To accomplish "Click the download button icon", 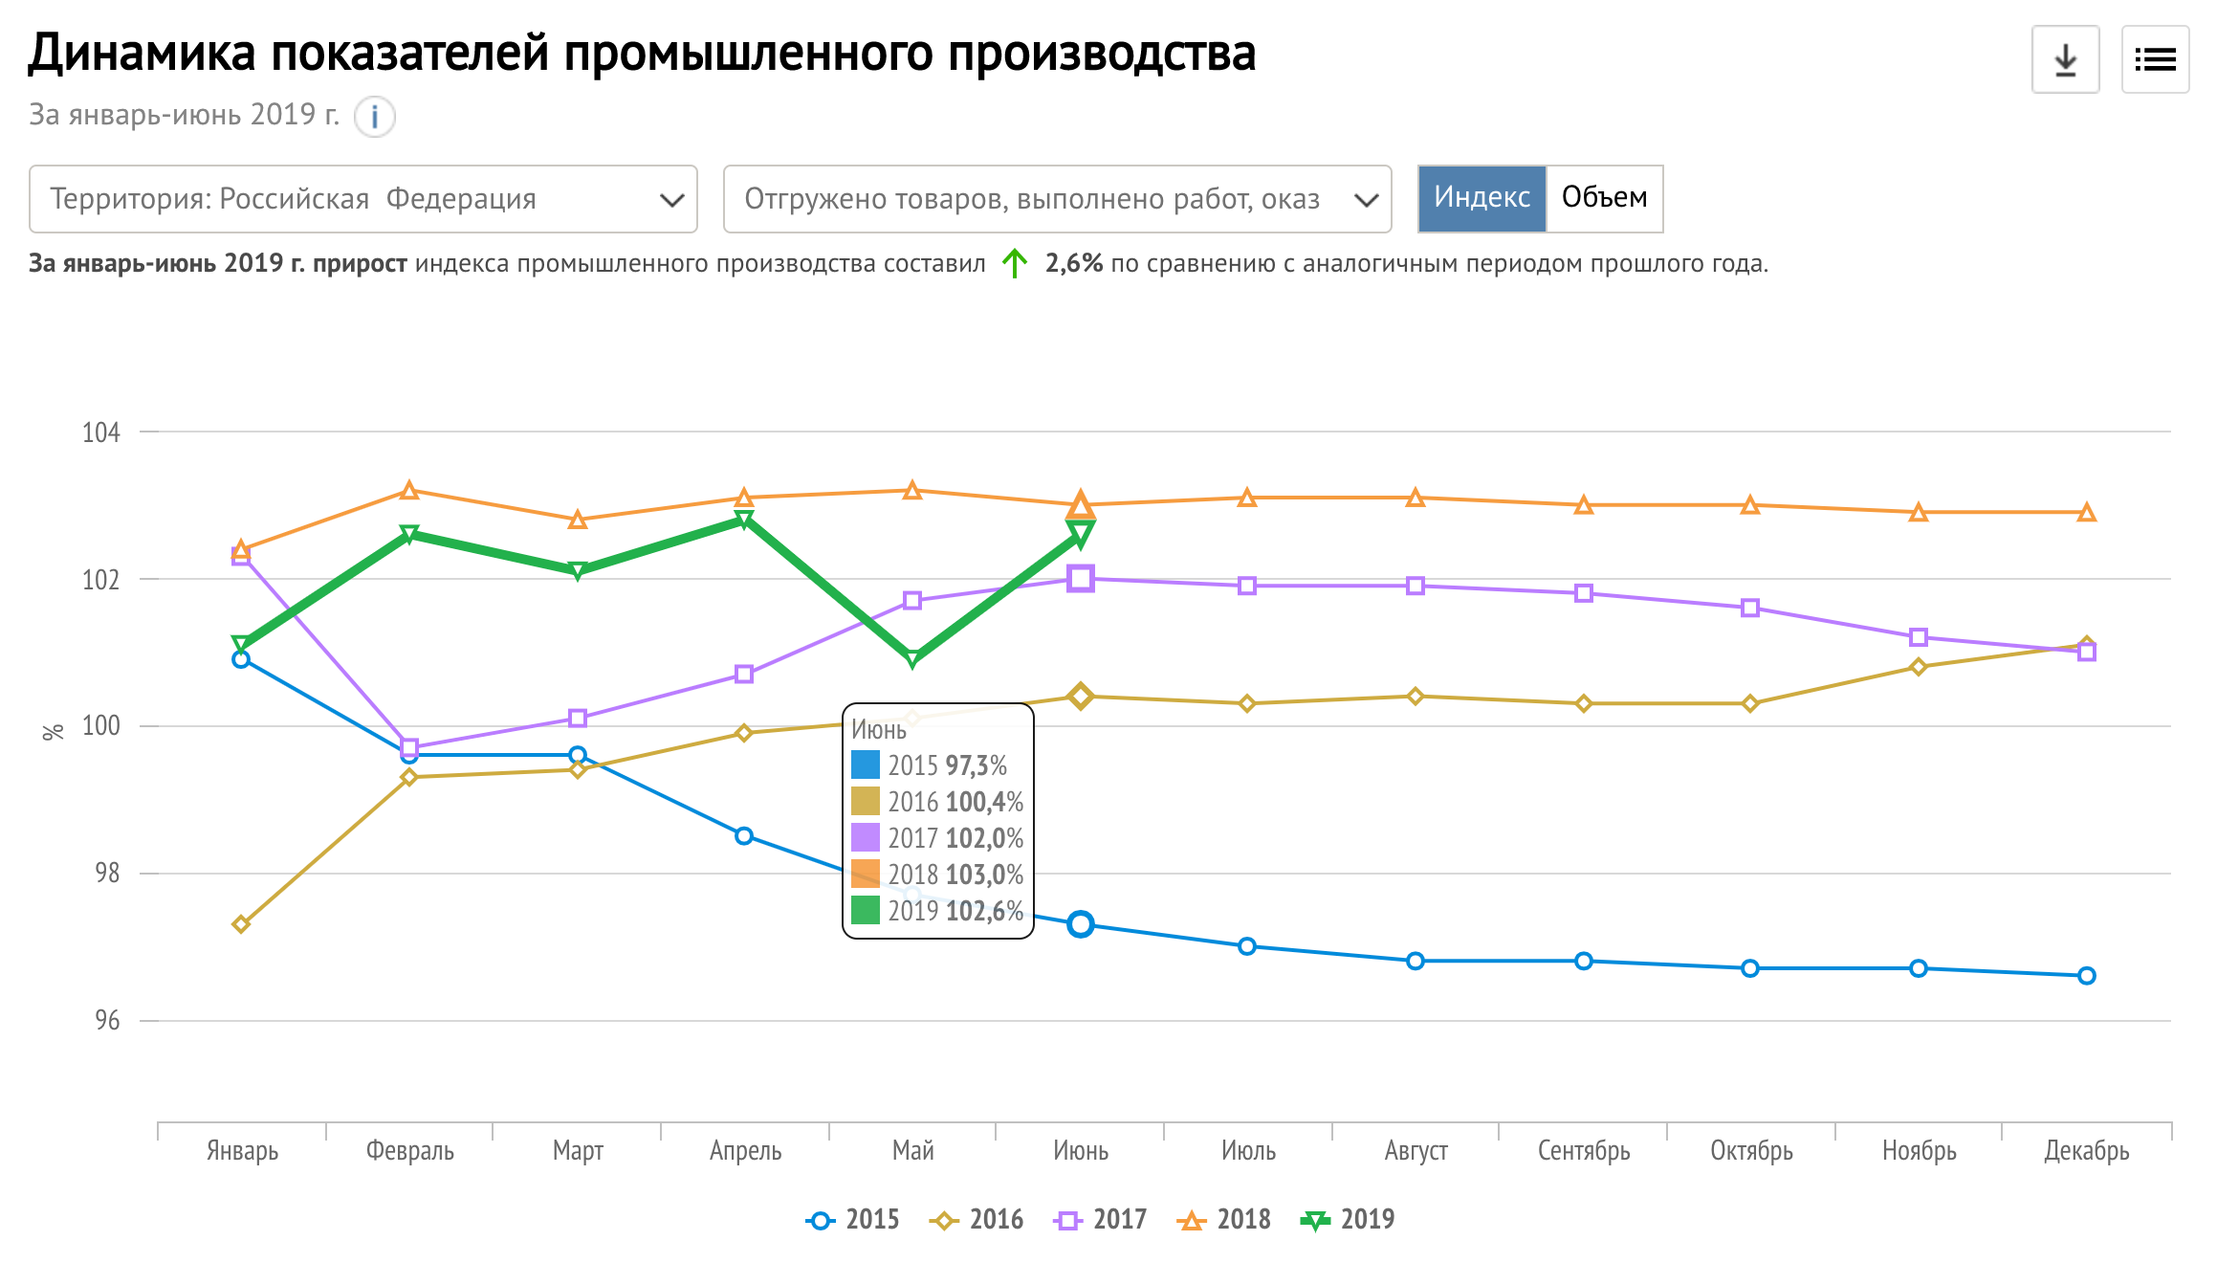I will pyautogui.click(x=2065, y=60).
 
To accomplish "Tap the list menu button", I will pyautogui.click(x=2155, y=60).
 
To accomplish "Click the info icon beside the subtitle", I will pyautogui.click(x=375, y=117).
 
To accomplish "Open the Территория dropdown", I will pyautogui.click(x=363, y=199).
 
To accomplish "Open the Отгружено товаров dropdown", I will pyautogui.click(x=1057, y=199).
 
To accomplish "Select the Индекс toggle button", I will pyautogui.click(x=1482, y=198).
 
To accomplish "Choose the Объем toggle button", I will pyautogui.click(x=1604, y=198).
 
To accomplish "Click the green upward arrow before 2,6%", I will pyautogui.click(x=1015, y=263).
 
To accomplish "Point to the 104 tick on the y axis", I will pyautogui.click(x=101, y=432).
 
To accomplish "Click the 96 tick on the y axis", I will pyautogui.click(x=107, y=1021).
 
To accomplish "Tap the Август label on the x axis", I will pyautogui.click(x=1416, y=1150).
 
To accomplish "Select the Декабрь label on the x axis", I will pyautogui.click(x=2086, y=1150).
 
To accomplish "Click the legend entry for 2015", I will pyautogui.click(x=853, y=1220).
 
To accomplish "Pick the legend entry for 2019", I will pyautogui.click(x=1349, y=1220).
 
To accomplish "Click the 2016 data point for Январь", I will pyautogui.click(x=241, y=924).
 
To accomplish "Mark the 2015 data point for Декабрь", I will pyautogui.click(x=2087, y=976).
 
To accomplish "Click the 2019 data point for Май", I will pyautogui.click(x=912, y=659).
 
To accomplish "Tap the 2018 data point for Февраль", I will pyautogui.click(x=409, y=491).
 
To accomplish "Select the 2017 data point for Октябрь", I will pyautogui.click(x=1750, y=609).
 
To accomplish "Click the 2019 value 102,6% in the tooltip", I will pyautogui.click(x=984, y=911).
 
